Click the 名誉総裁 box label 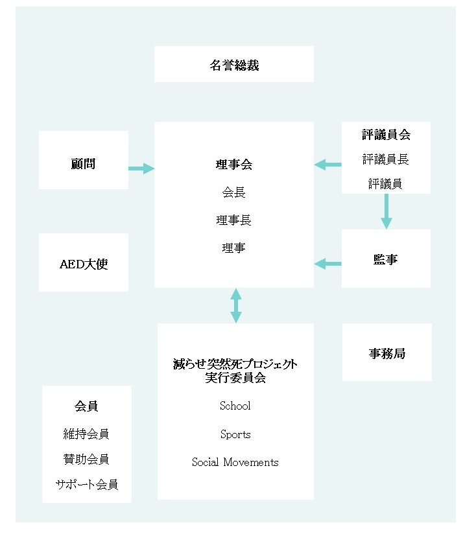click(x=234, y=65)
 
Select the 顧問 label click(x=83, y=164)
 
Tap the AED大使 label click(x=83, y=265)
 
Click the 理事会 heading click(x=233, y=165)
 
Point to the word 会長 click(x=233, y=192)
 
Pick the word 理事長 click(x=233, y=220)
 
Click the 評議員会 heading click(x=386, y=135)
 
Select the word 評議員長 click(x=386, y=159)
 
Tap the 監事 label click(x=386, y=260)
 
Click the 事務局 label click(x=386, y=354)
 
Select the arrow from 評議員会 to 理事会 click(x=328, y=165)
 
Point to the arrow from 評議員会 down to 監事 click(x=386, y=211)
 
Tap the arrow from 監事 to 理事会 click(x=328, y=263)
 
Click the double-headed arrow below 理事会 click(x=236, y=305)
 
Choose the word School click(x=235, y=406)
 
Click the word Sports click(x=235, y=434)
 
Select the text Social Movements click(x=235, y=462)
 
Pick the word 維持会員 click(x=86, y=434)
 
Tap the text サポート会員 click(x=86, y=484)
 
